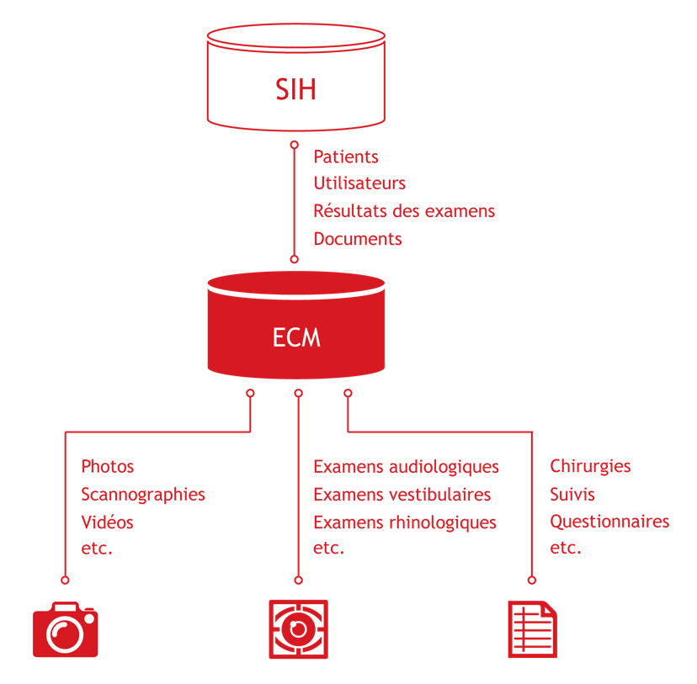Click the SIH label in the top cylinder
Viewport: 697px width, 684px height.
295,89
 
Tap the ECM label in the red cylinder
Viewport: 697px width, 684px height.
296,337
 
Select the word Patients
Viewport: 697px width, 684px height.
346,156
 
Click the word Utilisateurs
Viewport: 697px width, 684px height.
359,183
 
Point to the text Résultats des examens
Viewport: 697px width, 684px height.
404,211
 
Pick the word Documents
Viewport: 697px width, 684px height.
358,239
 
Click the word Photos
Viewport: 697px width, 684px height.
108,466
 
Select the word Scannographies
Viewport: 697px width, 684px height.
143,495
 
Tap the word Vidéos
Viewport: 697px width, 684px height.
107,522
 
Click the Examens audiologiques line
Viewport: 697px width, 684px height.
407,467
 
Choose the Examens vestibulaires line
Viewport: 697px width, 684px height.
402,495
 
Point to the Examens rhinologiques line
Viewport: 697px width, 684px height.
405,522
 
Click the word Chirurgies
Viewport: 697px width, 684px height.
590,466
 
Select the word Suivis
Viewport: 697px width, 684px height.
572,495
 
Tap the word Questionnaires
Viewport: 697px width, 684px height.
609,522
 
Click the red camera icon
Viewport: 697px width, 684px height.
66,629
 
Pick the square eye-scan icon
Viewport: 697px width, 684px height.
298,629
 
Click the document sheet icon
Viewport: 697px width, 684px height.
533,629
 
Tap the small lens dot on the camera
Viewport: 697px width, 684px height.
89,618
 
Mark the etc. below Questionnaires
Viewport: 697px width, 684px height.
566,548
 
